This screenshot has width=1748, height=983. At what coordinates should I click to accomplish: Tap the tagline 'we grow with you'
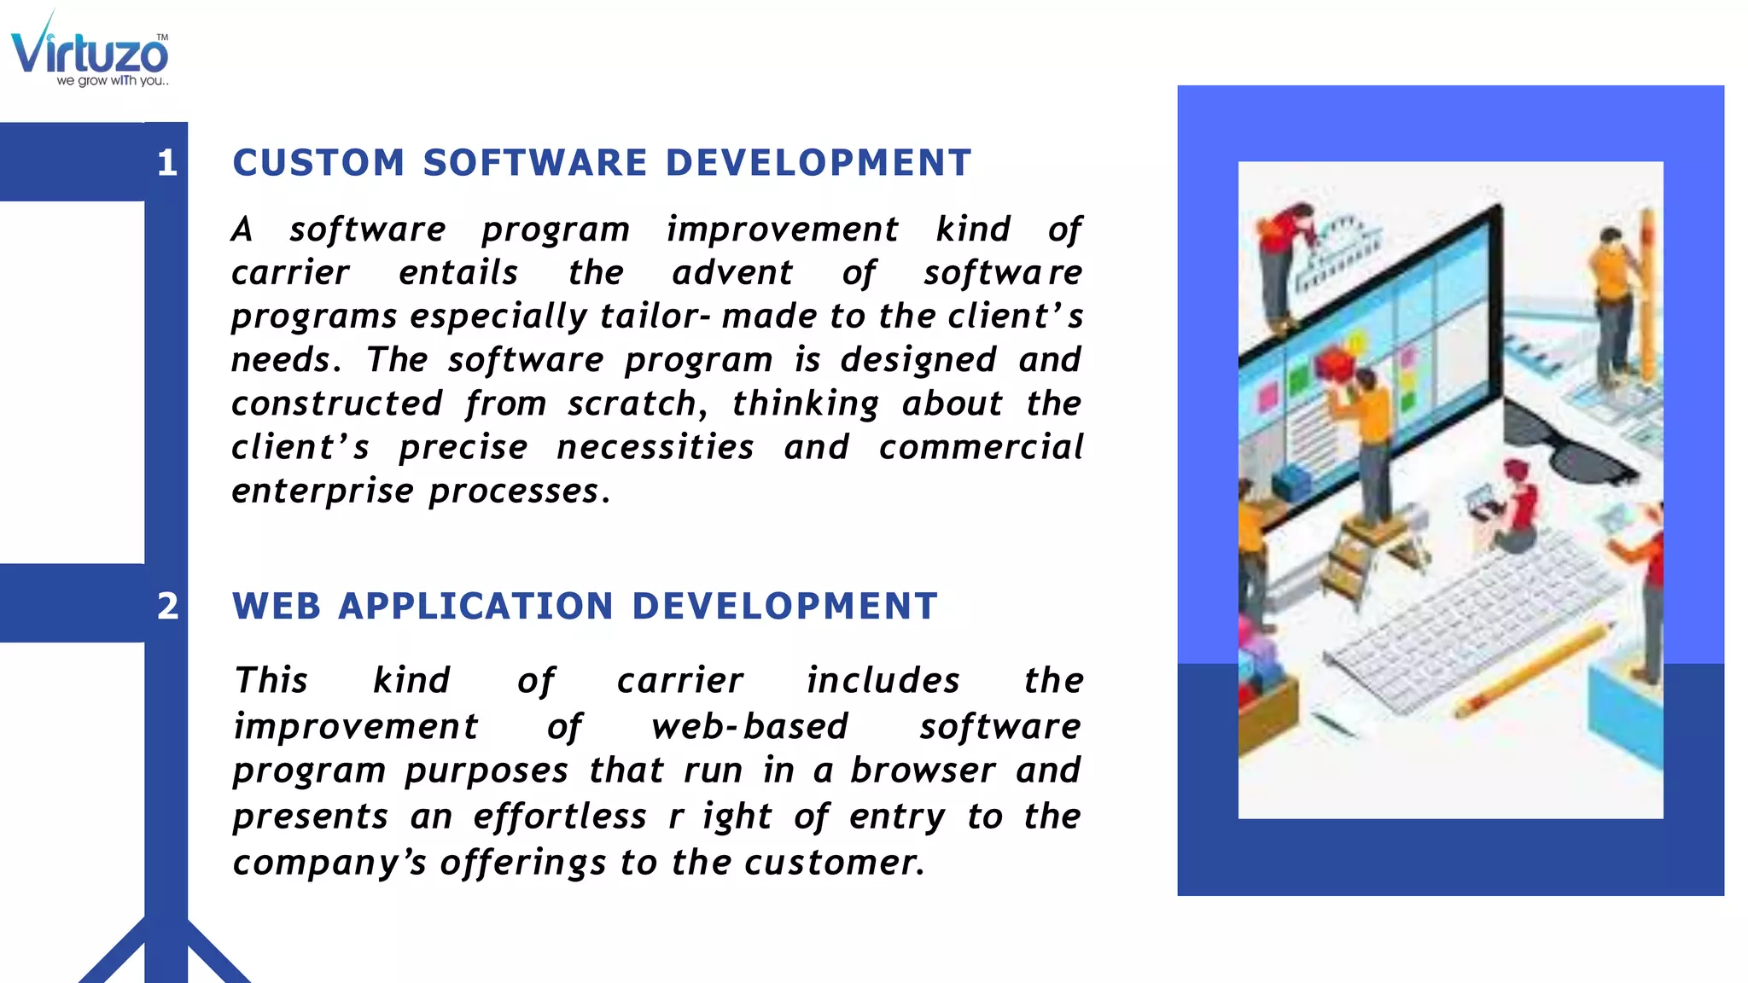pyautogui.click(x=112, y=81)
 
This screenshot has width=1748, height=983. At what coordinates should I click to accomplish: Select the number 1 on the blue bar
pyautogui.click(x=167, y=163)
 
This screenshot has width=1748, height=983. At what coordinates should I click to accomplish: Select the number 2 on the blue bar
pyautogui.click(x=167, y=607)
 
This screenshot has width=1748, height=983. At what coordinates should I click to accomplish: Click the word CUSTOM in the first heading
pyautogui.click(x=318, y=163)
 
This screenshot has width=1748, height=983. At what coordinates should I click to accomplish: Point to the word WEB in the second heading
pyautogui.click(x=277, y=607)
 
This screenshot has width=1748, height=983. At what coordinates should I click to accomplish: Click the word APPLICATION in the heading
pyautogui.click(x=475, y=607)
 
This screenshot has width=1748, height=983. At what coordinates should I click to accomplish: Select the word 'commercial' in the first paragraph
pyautogui.click(x=981, y=447)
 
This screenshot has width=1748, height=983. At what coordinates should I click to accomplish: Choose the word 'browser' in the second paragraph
pyautogui.click(x=923, y=771)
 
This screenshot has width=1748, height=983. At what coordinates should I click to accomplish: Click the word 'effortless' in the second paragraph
pyautogui.click(x=560, y=817)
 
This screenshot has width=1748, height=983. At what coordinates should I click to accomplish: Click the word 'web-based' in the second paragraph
pyautogui.click(x=749, y=726)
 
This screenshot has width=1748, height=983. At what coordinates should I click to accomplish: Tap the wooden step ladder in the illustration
pyautogui.click(x=1366, y=555)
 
